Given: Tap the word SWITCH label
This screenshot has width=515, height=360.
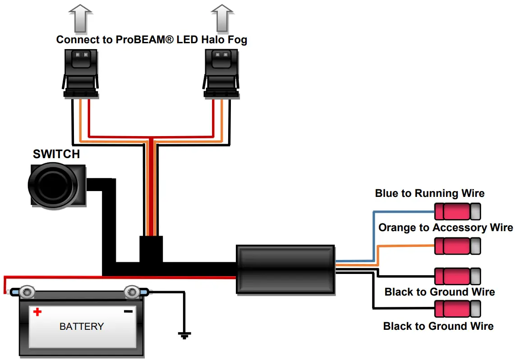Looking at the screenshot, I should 56,155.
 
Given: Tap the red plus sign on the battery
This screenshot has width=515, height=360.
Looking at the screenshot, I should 37,311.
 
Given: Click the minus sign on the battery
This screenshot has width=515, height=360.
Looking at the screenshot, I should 129,311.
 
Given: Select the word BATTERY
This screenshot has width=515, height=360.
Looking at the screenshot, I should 82,326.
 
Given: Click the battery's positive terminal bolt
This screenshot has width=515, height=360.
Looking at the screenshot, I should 27,292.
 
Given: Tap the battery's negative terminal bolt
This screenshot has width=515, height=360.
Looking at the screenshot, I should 132,292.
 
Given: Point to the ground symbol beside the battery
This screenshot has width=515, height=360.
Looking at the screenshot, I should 184,335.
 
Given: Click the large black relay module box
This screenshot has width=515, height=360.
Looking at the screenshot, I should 286,270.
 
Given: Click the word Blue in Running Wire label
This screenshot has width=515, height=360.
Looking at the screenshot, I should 387,194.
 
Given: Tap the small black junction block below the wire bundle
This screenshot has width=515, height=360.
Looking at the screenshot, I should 151,249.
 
